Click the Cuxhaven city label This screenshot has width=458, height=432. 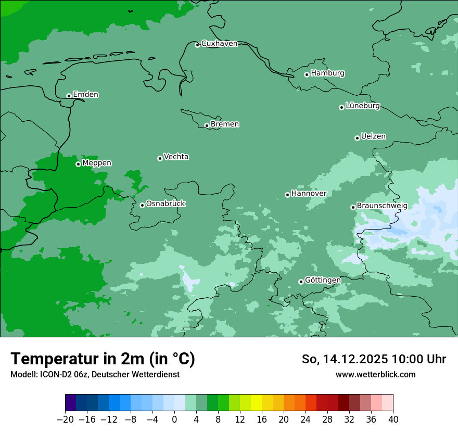(x=219, y=44)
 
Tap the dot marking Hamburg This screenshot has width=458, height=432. (x=307, y=74)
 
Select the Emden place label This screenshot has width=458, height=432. (x=85, y=95)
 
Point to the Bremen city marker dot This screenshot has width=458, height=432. (x=207, y=125)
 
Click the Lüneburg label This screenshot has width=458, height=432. (x=363, y=106)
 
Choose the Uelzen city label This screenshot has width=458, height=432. (x=373, y=137)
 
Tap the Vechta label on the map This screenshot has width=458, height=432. (x=176, y=157)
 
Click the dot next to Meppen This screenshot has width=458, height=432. (x=78, y=164)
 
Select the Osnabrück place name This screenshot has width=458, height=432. (x=166, y=204)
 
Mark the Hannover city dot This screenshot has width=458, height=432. (x=287, y=195)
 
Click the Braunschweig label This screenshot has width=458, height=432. (x=382, y=206)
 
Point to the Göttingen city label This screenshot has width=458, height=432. (x=323, y=281)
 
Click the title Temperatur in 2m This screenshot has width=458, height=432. (x=103, y=359)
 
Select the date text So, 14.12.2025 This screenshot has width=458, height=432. (x=345, y=359)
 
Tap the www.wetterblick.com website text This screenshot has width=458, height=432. (x=375, y=374)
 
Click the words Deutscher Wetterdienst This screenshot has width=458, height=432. (x=135, y=374)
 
